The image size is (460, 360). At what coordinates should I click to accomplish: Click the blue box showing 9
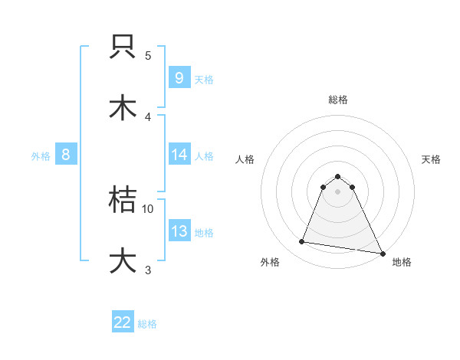click(179, 77)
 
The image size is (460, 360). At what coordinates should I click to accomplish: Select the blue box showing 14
click(179, 155)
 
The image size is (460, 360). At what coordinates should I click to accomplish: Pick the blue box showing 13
click(179, 231)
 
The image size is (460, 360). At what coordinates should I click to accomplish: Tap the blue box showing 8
click(66, 155)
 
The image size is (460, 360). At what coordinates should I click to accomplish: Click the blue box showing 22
click(123, 322)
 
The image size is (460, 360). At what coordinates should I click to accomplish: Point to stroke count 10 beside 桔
click(148, 208)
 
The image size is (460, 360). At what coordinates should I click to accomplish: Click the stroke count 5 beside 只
click(148, 55)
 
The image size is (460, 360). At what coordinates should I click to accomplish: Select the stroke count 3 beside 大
click(148, 269)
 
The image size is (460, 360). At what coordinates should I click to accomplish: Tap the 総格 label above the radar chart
click(338, 100)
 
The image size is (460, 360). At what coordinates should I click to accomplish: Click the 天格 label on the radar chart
click(431, 159)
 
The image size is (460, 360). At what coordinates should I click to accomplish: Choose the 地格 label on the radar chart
click(402, 262)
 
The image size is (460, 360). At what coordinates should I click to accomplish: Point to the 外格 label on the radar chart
click(270, 262)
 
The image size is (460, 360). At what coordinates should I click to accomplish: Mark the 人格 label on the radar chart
click(245, 159)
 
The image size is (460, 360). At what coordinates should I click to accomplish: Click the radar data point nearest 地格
click(382, 252)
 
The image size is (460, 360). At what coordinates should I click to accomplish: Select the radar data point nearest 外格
click(302, 242)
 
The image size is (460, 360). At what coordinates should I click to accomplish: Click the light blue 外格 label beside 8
click(41, 155)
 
